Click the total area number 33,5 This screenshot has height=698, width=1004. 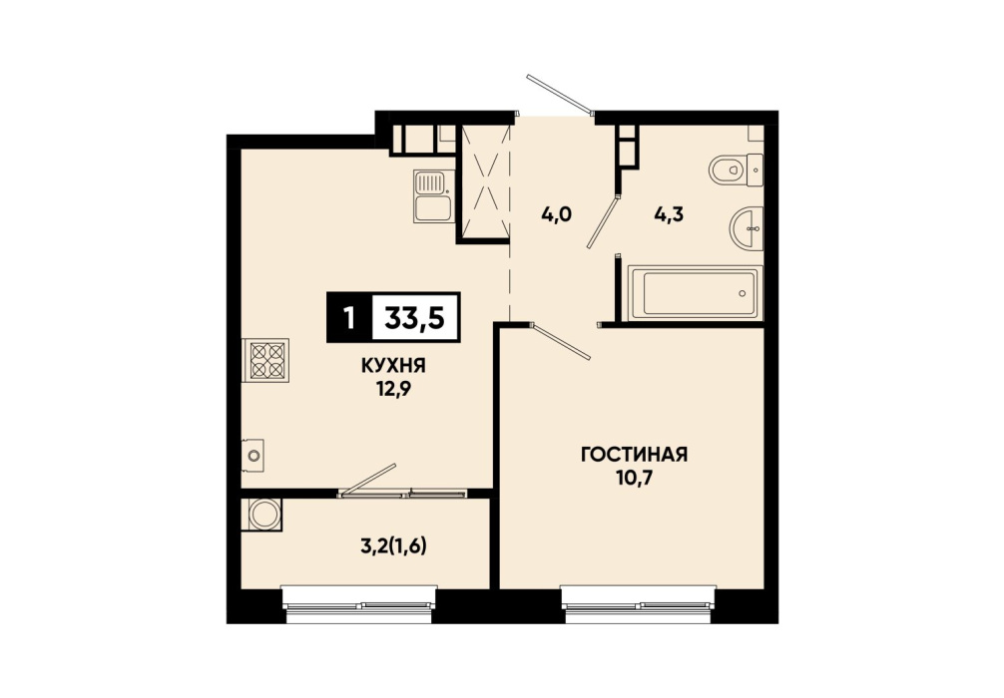[x=414, y=317]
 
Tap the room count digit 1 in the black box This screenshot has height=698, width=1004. [x=349, y=317]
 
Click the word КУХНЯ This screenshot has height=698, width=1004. [x=394, y=366]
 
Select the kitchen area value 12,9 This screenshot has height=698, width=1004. [x=394, y=388]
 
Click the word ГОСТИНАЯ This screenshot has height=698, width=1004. [x=634, y=455]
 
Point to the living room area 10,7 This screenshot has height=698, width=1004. [x=634, y=478]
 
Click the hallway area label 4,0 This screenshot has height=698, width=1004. [x=556, y=214]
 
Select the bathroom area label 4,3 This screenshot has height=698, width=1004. [x=669, y=214]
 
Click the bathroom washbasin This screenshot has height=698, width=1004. [x=747, y=227]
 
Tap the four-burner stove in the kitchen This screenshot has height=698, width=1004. [x=267, y=360]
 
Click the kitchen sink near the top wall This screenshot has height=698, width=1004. [x=433, y=195]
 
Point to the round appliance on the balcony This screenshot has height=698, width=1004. [x=263, y=515]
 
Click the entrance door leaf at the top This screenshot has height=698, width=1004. [x=559, y=94]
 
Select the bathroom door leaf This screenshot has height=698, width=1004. [x=603, y=221]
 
